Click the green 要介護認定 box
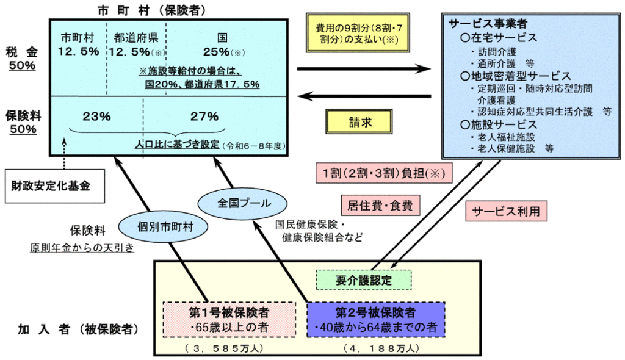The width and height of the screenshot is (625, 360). click(x=364, y=280)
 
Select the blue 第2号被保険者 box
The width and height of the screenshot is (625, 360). click(x=375, y=319)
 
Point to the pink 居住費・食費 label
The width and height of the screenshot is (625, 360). click(x=377, y=206)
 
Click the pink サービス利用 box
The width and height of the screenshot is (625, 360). click(x=507, y=211)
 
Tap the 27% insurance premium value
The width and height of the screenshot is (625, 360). click(x=204, y=116)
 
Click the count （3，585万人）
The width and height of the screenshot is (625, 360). click(x=228, y=348)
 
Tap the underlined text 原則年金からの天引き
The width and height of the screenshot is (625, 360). click(x=82, y=248)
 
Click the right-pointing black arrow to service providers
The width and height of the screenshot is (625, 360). click(x=364, y=68)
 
